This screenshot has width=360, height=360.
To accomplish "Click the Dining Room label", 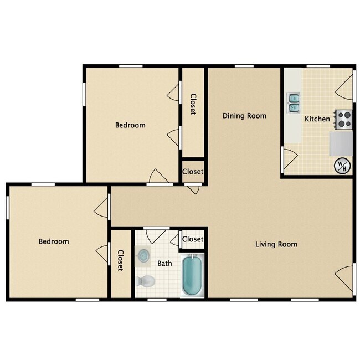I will [x=244, y=116].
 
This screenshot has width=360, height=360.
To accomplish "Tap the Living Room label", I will [x=276, y=244].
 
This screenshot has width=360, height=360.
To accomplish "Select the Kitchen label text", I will [x=317, y=119].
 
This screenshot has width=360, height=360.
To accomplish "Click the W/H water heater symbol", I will [x=342, y=165].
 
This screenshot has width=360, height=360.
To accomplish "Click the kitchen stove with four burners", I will [x=344, y=119].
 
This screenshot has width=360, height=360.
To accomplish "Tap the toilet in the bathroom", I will [x=145, y=281].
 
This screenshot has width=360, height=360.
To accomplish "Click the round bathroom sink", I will [x=143, y=256].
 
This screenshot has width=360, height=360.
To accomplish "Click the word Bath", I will [x=164, y=264].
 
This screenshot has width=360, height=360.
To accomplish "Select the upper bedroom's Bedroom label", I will [x=130, y=125].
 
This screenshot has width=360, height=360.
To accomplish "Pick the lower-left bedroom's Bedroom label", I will [x=54, y=241].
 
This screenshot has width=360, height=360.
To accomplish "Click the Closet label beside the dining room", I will [x=193, y=104].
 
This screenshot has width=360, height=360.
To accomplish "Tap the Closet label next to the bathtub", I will [x=193, y=239].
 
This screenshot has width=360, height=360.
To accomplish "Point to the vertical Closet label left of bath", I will [x=121, y=260].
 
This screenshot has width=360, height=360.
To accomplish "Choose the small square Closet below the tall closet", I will [x=193, y=172].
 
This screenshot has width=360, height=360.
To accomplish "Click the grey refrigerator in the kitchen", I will [x=342, y=143].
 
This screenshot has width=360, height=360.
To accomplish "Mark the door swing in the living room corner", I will [x=345, y=277].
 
